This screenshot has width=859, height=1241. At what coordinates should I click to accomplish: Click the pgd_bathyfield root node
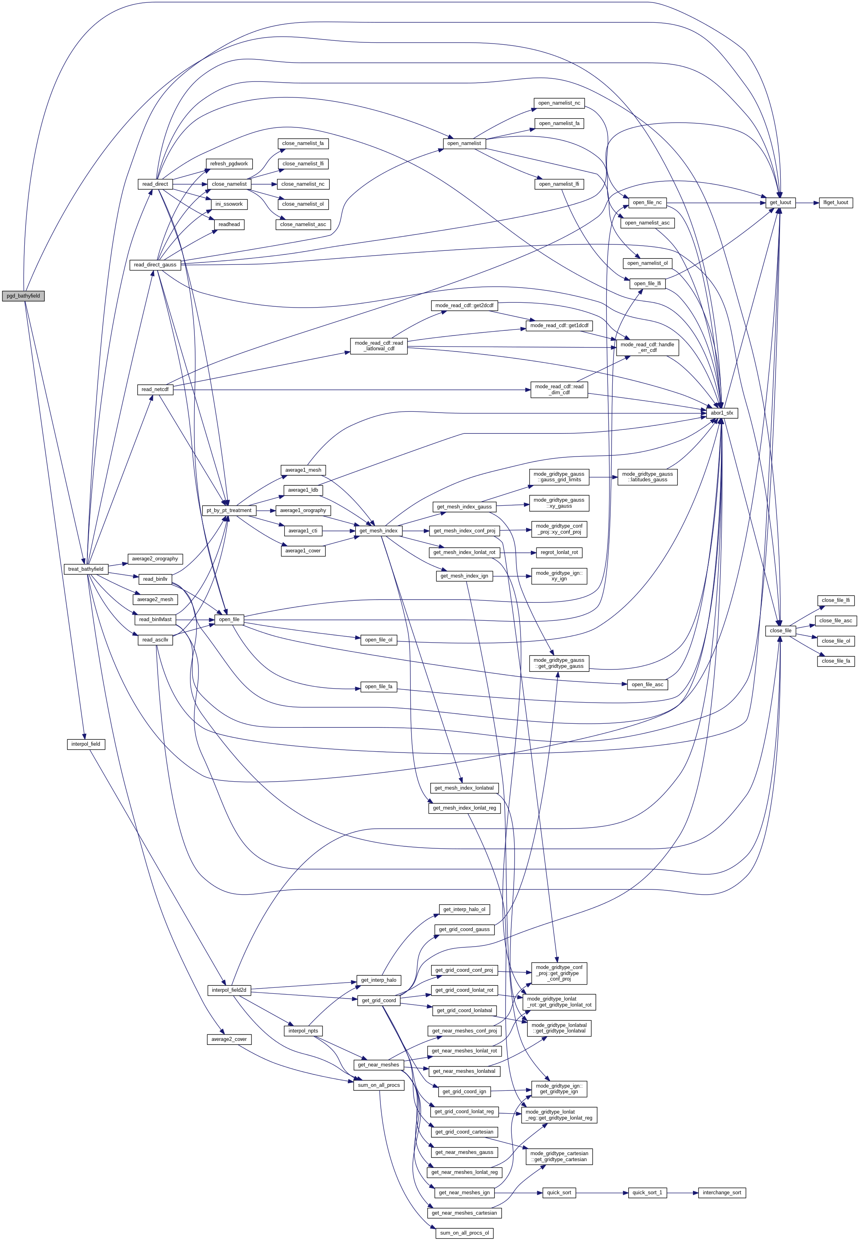(x=23, y=296)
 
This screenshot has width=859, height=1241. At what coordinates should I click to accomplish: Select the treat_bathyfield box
(x=85, y=569)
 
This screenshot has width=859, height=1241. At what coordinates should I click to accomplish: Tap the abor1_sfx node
(x=722, y=413)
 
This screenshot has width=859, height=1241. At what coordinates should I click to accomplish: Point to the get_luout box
(x=780, y=203)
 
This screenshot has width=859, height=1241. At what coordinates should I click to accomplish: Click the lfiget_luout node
(x=835, y=203)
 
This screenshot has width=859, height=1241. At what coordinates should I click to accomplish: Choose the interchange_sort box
(x=721, y=1193)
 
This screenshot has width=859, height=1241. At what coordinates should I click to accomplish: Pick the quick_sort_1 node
(x=647, y=1193)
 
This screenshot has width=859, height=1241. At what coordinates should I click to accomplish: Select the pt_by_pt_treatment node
(x=229, y=510)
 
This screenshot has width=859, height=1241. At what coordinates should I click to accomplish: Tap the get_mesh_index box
(x=378, y=530)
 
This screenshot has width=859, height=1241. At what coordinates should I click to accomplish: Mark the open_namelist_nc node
(x=559, y=103)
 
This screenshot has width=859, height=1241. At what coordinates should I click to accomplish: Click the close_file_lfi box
(x=835, y=600)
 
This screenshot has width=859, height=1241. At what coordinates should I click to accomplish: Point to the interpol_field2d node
(x=229, y=990)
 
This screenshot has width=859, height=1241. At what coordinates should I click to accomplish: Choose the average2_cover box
(x=229, y=1039)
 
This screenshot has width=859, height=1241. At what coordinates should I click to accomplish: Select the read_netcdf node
(x=155, y=389)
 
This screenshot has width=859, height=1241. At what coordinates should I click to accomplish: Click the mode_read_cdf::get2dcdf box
(x=464, y=306)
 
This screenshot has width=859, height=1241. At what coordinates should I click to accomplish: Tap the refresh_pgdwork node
(x=229, y=164)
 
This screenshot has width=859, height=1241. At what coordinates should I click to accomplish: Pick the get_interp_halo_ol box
(x=464, y=909)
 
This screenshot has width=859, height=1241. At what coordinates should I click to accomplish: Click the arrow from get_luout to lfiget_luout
(x=808, y=203)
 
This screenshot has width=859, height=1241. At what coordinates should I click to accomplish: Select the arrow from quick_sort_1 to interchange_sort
(x=683, y=1193)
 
